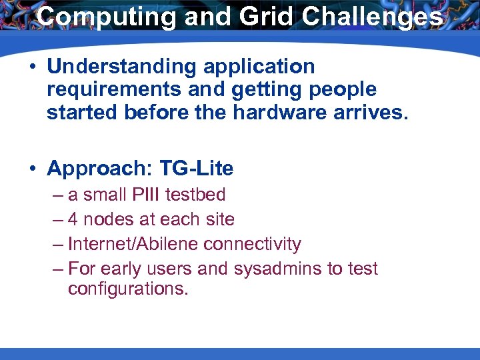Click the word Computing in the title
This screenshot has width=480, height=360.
point(105,17)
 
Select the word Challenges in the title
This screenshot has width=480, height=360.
point(373,17)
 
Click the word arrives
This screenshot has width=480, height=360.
point(372,112)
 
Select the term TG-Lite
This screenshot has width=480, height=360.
point(197,169)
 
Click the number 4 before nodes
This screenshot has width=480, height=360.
point(73,219)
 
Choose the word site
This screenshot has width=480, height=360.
point(219,219)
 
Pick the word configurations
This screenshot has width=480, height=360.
point(128,290)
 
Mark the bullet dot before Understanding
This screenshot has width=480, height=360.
point(32,67)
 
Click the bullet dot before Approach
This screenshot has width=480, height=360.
point(32,169)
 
